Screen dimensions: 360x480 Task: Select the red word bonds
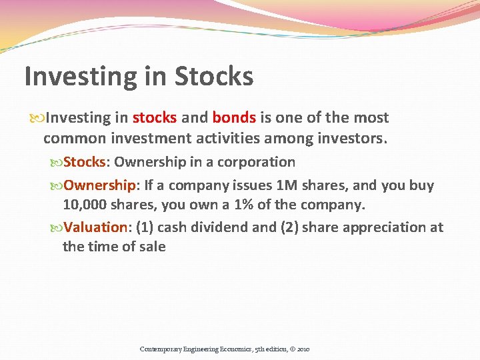click(x=234, y=118)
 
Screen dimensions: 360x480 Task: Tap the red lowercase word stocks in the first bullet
click(x=155, y=118)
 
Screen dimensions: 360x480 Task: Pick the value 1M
click(x=288, y=185)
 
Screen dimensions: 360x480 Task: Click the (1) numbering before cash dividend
click(x=145, y=227)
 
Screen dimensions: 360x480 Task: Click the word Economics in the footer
click(x=235, y=349)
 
